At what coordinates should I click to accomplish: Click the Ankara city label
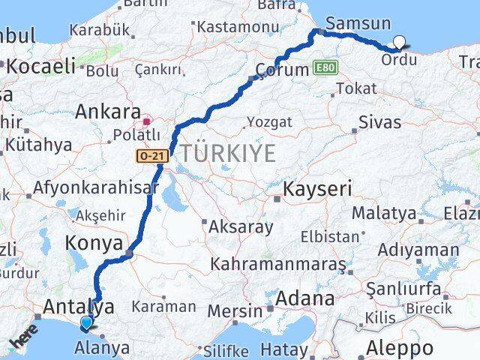tap(108, 112)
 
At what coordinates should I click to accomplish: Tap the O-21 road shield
tap(151, 156)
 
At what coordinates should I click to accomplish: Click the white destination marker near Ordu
tap(400, 43)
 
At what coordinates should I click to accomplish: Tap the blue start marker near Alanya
tap(87, 324)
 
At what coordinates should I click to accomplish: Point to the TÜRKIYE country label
tap(224, 153)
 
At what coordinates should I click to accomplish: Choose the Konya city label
tap(94, 243)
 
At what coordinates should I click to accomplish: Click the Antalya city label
tap(79, 306)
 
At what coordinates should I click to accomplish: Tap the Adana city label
tap(304, 298)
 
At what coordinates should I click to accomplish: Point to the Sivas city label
tap(379, 121)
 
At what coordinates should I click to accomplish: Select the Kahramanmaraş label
tap(277, 265)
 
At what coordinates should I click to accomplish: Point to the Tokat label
tap(356, 88)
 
